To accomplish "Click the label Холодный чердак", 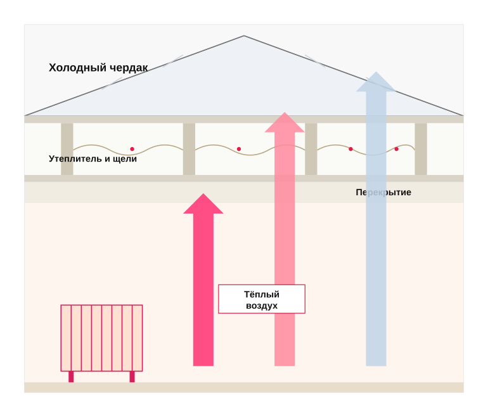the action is [x=98, y=68].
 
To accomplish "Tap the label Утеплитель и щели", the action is [x=93, y=158].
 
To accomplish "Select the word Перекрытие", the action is [x=383, y=192].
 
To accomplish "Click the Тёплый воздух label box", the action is [x=262, y=299].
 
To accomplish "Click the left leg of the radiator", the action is [x=71, y=377].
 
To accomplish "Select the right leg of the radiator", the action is [x=132, y=377].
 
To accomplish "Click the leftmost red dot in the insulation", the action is [x=132, y=149].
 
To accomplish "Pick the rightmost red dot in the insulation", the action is [x=397, y=149].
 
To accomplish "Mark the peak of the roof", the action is [x=244, y=35].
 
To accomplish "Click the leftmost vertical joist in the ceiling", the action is [x=67, y=149].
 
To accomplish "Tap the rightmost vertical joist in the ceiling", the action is [x=421, y=149].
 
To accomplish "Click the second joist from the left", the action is [x=189, y=149].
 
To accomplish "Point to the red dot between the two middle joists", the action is [x=239, y=149].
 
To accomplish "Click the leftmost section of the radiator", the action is [x=66, y=338].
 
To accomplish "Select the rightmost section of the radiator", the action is [x=138, y=338].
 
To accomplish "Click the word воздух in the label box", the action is [x=262, y=305].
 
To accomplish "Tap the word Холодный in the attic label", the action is [x=77, y=68].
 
